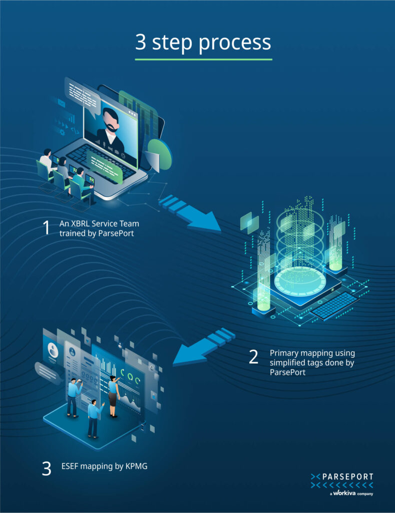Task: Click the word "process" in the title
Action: coord(235,43)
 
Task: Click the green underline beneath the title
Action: coord(203,59)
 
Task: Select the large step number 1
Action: coord(46,227)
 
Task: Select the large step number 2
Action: coord(254,357)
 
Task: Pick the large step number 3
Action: coord(46,468)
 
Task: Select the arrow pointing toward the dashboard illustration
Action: coord(200,349)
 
